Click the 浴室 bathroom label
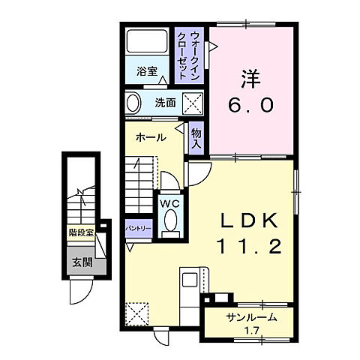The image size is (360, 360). tap(147, 72)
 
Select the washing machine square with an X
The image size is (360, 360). tap(193, 103)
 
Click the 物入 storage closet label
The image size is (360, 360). tap(196, 137)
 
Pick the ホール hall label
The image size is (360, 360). tap(151, 138)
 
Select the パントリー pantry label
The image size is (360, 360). tap(139, 229)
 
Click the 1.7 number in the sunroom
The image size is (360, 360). tap(251, 330)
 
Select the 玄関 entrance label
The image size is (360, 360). tap(80, 262)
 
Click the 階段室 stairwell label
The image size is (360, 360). tap(80, 232)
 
